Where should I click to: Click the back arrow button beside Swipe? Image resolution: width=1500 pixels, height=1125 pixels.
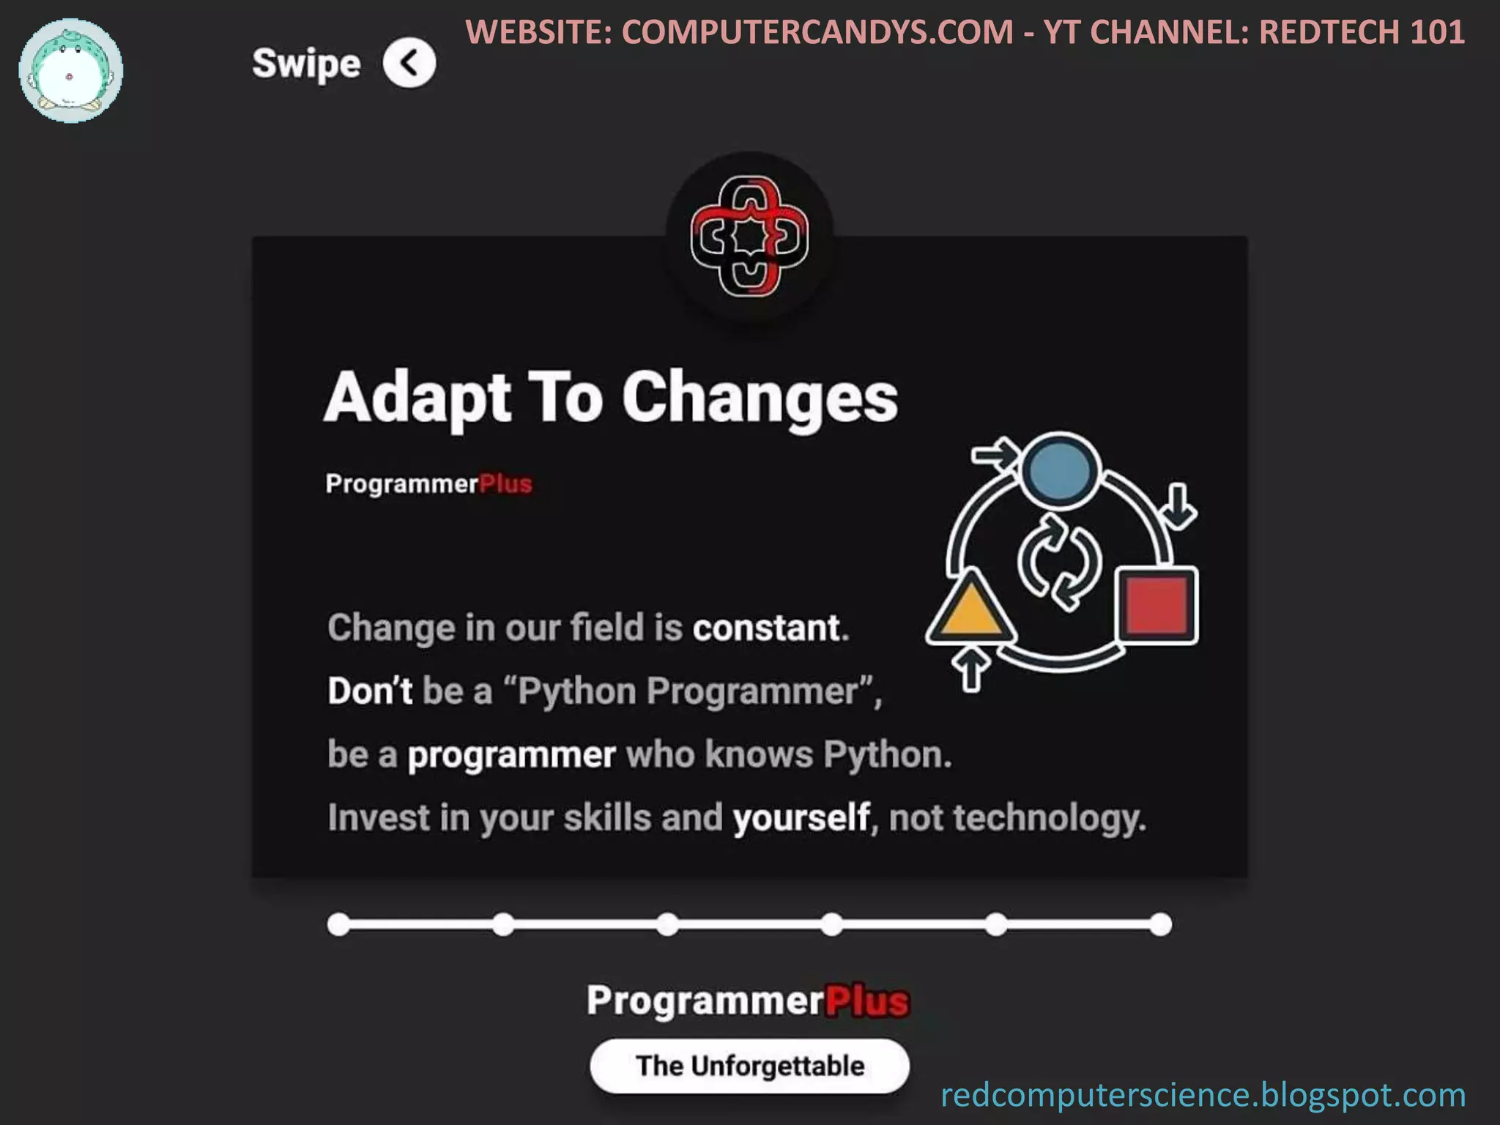coord(409,63)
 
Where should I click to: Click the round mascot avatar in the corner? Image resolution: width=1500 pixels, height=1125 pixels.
coord(71,71)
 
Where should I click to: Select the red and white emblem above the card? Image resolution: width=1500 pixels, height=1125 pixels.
coord(749,236)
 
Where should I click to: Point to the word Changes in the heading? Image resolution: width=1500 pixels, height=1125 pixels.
coord(760,398)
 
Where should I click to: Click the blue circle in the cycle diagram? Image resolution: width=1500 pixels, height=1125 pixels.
coord(1059,471)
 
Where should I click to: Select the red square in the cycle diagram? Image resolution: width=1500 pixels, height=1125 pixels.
coord(1156,605)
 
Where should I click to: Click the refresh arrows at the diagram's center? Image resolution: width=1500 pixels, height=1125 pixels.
coord(1059,562)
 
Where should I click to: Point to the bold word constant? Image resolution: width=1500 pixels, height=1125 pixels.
coord(771,628)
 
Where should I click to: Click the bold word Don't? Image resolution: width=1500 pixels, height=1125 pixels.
coord(370,691)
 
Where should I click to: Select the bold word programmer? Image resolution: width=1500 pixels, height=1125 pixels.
coord(511,754)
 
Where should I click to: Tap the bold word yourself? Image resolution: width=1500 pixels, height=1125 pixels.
coord(801,817)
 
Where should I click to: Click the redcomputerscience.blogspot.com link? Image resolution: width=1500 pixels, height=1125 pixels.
coord(1203,1094)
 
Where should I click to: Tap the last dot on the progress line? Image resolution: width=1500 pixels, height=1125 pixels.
coord(1160,924)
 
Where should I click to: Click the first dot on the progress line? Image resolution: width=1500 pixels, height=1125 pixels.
coord(338,924)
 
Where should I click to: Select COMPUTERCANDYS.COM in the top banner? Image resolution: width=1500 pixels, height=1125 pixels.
coord(817,32)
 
